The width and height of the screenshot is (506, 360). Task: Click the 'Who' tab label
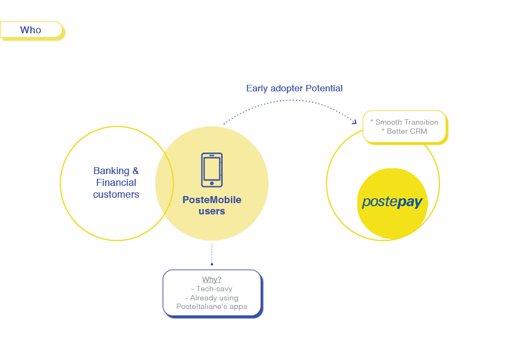pos(31,30)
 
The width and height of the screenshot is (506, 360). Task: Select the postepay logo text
pos(392,202)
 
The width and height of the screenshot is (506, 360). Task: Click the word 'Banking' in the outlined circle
pos(111,171)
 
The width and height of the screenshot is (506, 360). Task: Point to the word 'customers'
pos(116,195)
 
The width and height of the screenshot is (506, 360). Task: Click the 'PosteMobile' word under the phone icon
pos(212,200)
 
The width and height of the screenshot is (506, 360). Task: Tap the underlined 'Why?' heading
pos(212,279)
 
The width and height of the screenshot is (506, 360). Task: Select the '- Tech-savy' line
pos(212,289)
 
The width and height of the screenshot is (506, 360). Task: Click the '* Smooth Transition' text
pos(404,122)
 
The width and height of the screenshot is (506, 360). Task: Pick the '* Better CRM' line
pos(404,131)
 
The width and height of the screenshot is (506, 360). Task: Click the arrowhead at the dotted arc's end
pos(354,123)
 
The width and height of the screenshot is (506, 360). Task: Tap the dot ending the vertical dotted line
pos(212,264)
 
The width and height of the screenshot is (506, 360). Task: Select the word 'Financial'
pos(116,183)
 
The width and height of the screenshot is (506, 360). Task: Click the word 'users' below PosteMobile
pos(212,211)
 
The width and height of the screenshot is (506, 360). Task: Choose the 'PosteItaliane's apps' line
pos(212,306)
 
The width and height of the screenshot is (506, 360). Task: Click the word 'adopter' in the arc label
pos(287,88)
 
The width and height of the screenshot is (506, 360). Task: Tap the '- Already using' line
pos(212,298)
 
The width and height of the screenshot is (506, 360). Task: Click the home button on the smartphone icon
pos(212,183)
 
